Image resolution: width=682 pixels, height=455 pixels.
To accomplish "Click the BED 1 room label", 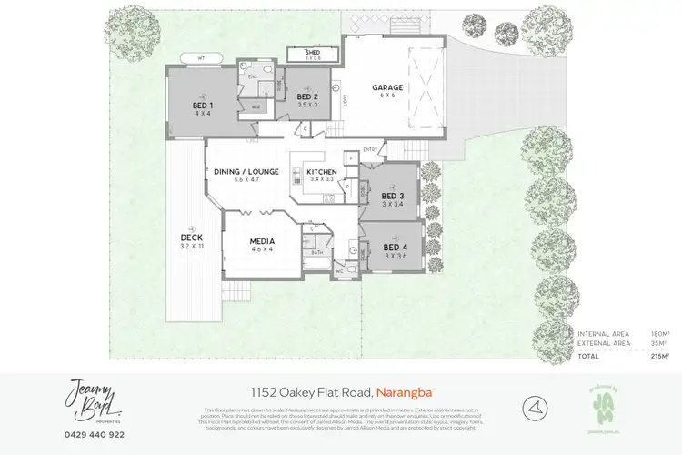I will pos(201,106).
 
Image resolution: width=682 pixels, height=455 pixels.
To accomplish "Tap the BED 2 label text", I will pos(306,96).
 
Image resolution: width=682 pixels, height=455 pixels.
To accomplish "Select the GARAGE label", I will pos(387,88).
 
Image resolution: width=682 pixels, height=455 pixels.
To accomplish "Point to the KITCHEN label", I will pos(321,172).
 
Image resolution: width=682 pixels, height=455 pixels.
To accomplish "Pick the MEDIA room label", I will pos(262,241).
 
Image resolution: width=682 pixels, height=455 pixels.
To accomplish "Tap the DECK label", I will pos(190,238).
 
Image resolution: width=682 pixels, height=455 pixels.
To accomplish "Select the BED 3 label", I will pos(392,196).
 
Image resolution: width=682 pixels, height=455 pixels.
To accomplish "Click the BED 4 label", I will pos(394,248).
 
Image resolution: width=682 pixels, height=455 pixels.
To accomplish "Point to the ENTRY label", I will pos(370,150).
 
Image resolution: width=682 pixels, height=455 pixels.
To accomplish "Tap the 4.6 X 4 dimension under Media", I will pos(262,249).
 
